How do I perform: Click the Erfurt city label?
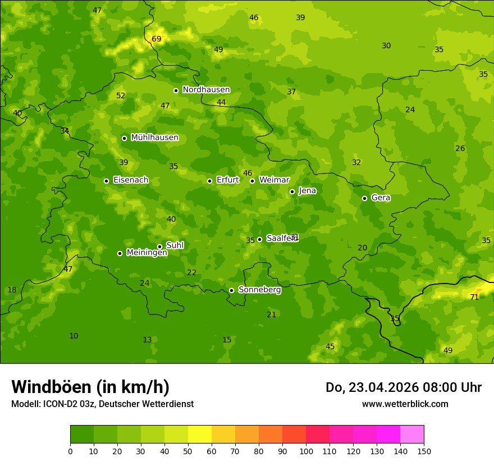(x=227, y=180)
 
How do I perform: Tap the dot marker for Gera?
(x=364, y=198)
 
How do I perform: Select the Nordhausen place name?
(x=206, y=90)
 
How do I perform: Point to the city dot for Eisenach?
(x=106, y=181)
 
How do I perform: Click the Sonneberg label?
(x=259, y=290)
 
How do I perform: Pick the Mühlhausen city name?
(x=154, y=138)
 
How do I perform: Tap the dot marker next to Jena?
(x=292, y=191)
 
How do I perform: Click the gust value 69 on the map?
(x=157, y=39)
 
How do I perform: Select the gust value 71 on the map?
(x=474, y=297)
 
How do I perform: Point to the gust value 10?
(x=74, y=336)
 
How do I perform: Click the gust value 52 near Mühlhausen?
(x=121, y=95)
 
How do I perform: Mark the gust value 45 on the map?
(x=330, y=346)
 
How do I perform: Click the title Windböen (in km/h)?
(x=90, y=387)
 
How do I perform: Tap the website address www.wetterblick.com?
(x=405, y=404)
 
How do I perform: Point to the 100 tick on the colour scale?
(x=306, y=451)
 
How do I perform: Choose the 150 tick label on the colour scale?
(x=424, y=451)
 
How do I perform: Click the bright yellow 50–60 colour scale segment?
(x=200, y=434)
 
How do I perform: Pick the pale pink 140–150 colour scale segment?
(x=412, y=434)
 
